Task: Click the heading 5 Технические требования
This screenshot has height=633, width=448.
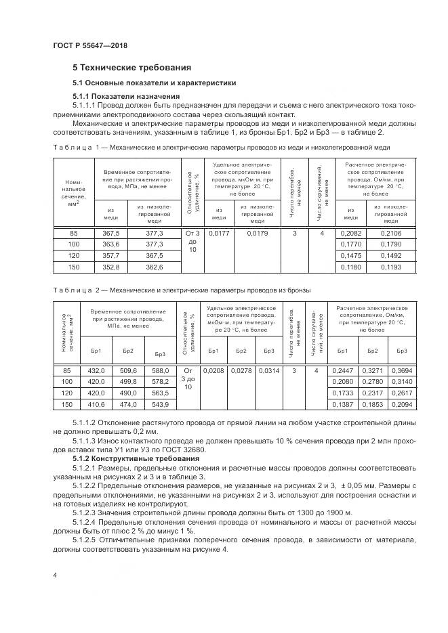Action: [131, 68]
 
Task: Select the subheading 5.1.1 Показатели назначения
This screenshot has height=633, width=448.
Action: [123, 96]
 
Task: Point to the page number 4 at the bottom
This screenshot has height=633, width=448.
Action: [54, 574]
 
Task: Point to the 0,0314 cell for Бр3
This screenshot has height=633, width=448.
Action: [268, 370]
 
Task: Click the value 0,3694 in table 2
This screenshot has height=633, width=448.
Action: [401, 370]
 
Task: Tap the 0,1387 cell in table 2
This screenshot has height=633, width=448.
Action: [342, 404]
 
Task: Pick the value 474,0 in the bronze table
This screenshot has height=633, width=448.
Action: [128, 404]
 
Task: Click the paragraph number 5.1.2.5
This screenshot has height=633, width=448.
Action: [87, 539]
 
